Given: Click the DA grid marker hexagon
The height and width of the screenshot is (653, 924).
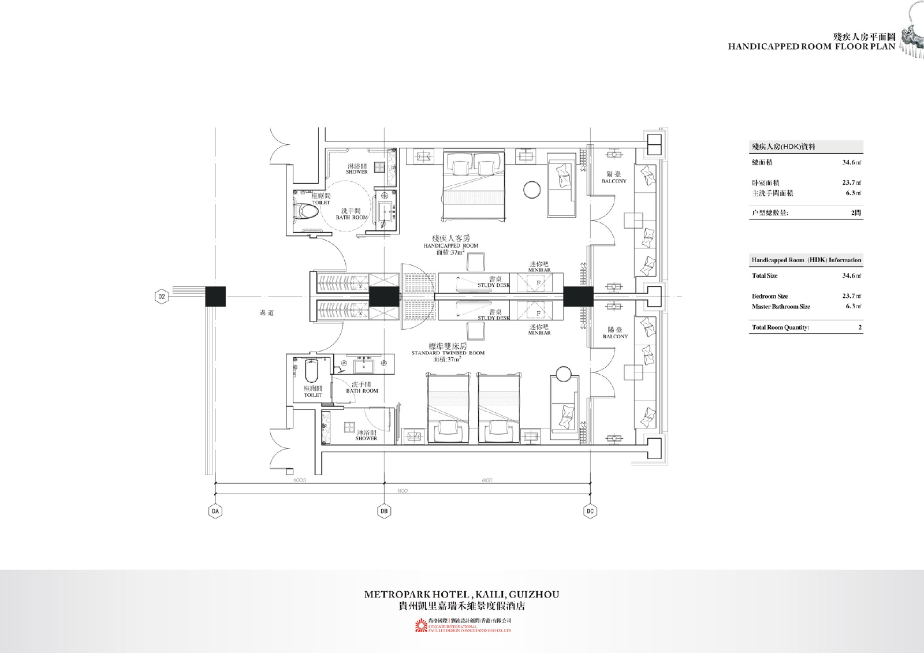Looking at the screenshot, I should (x=215, y=511).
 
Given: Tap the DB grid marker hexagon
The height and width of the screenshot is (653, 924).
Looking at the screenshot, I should (x=384, y=511).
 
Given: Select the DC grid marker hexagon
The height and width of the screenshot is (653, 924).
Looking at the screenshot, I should (x=590, y=511).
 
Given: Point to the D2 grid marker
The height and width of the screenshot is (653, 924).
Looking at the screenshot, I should (x=162, y=297).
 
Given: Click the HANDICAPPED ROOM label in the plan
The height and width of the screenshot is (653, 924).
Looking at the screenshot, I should (x=450, y=245).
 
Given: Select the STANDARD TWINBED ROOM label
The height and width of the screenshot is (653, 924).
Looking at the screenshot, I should (x=448, y=353).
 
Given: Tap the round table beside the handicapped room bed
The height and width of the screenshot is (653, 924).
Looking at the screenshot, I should (x=532, y=189).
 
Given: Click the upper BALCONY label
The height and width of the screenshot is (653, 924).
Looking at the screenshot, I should (x=613, y=181).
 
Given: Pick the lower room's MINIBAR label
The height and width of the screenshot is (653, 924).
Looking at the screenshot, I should (x=539, y=333).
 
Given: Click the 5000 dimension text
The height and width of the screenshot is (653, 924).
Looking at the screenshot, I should (x=299, y=480).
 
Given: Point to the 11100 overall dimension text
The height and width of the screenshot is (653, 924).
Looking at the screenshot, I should (x=402, y=491).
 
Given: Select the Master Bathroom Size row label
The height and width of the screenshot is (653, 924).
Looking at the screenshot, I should (x=781, y=307).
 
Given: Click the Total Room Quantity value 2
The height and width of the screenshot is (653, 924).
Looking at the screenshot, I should (x=859, y=327).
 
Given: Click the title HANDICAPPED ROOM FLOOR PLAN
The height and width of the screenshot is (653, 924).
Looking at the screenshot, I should (x=811, y=46).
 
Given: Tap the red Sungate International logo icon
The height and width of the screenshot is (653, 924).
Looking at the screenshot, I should (x=420, y=626).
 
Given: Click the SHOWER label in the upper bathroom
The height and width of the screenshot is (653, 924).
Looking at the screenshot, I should (x=356, y=171).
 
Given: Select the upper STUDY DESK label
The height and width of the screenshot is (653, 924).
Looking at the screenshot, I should (x=493, y=285).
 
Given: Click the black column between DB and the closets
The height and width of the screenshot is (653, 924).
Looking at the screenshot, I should (x=383, y=297).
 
